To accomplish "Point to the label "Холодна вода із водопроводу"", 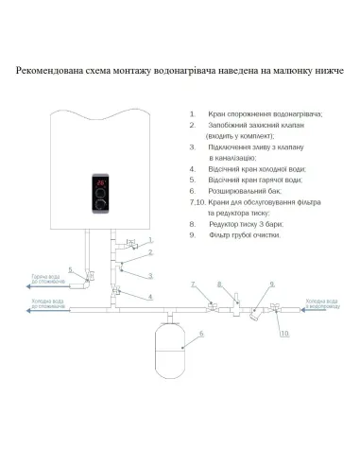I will coord(322,302).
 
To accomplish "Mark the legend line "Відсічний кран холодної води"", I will coord(255,171).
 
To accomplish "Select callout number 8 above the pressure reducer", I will coord(220,284).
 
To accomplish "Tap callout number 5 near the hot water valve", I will coord(72,270).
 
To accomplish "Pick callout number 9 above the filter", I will coord(272,284).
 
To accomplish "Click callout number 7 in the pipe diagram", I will coord(193,284).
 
